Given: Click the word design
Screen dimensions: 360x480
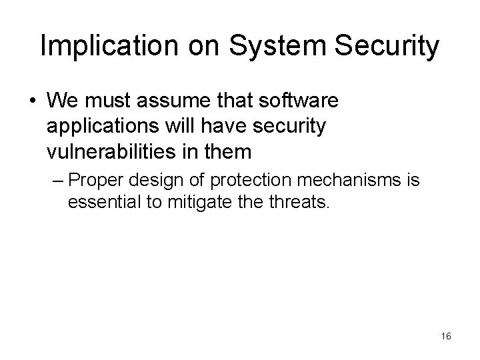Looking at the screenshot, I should [150, 180].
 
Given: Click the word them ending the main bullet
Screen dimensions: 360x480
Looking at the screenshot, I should [228, 151].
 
